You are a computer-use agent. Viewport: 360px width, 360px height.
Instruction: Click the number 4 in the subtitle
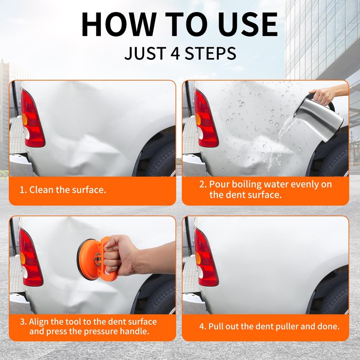[x=175, y=53]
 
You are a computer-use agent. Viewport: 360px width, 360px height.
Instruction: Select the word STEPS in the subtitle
[x=210, y=53]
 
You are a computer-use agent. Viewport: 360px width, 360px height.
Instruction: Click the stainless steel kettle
[x=319, y=118]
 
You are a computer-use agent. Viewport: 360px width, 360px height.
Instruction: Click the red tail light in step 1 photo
[x=32, y=119]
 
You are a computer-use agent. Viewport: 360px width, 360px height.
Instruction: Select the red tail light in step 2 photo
[x=206, y=119]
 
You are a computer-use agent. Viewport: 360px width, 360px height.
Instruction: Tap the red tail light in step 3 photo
[x=30, y=257]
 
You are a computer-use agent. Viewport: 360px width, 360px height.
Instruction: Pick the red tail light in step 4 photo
[x=206, y=257]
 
